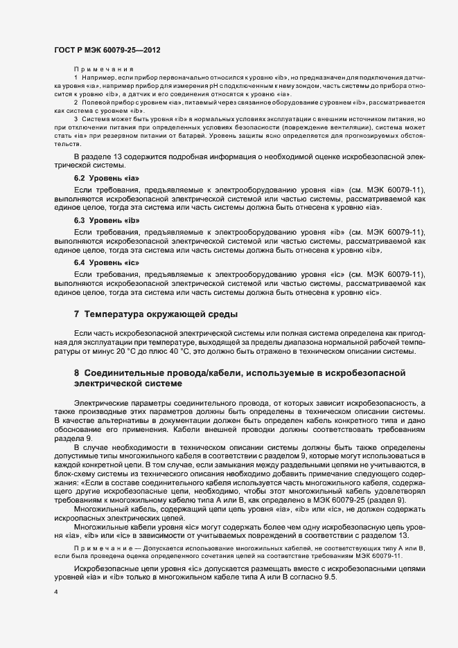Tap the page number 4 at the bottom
(55, 594)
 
